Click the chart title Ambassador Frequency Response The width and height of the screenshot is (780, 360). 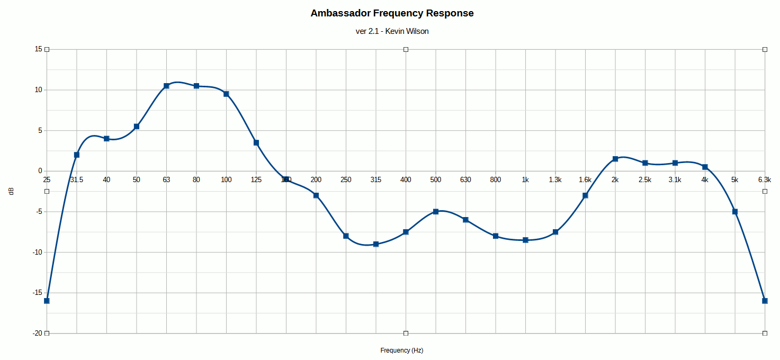[x=392, y=13]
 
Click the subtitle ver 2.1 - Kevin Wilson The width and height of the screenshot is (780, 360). [x=392, y=31]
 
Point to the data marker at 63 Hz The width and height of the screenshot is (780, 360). [x=166, y=86]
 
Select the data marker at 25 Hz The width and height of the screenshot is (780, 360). [x=47, y=301]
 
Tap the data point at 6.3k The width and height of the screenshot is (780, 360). [x=765, y=301]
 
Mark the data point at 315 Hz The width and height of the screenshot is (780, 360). [x=376, y=244]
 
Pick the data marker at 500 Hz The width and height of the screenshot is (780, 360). [x=436, y=212]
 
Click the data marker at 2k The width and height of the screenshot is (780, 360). [x=615, y=159]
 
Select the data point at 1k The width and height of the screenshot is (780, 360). [x=525, y=240]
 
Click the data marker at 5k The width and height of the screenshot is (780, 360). [x=735, y=212]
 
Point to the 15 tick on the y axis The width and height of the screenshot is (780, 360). [x=38, y=49]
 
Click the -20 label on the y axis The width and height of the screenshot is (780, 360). [x=37, y=334]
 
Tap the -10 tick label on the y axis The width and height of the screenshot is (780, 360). [x=37, y=252]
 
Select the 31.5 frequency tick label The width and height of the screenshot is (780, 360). [x=77, y=180]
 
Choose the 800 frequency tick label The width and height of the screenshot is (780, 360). [x=496, y=180]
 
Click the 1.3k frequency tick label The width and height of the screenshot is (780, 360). [x=555, y=180]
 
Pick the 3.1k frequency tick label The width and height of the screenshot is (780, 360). [x=675, y=180]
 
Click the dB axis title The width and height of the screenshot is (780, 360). [x=11, y=191]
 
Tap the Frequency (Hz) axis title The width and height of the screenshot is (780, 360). [x=401, y=350]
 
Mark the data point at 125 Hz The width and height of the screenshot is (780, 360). [x=256, y=142]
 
